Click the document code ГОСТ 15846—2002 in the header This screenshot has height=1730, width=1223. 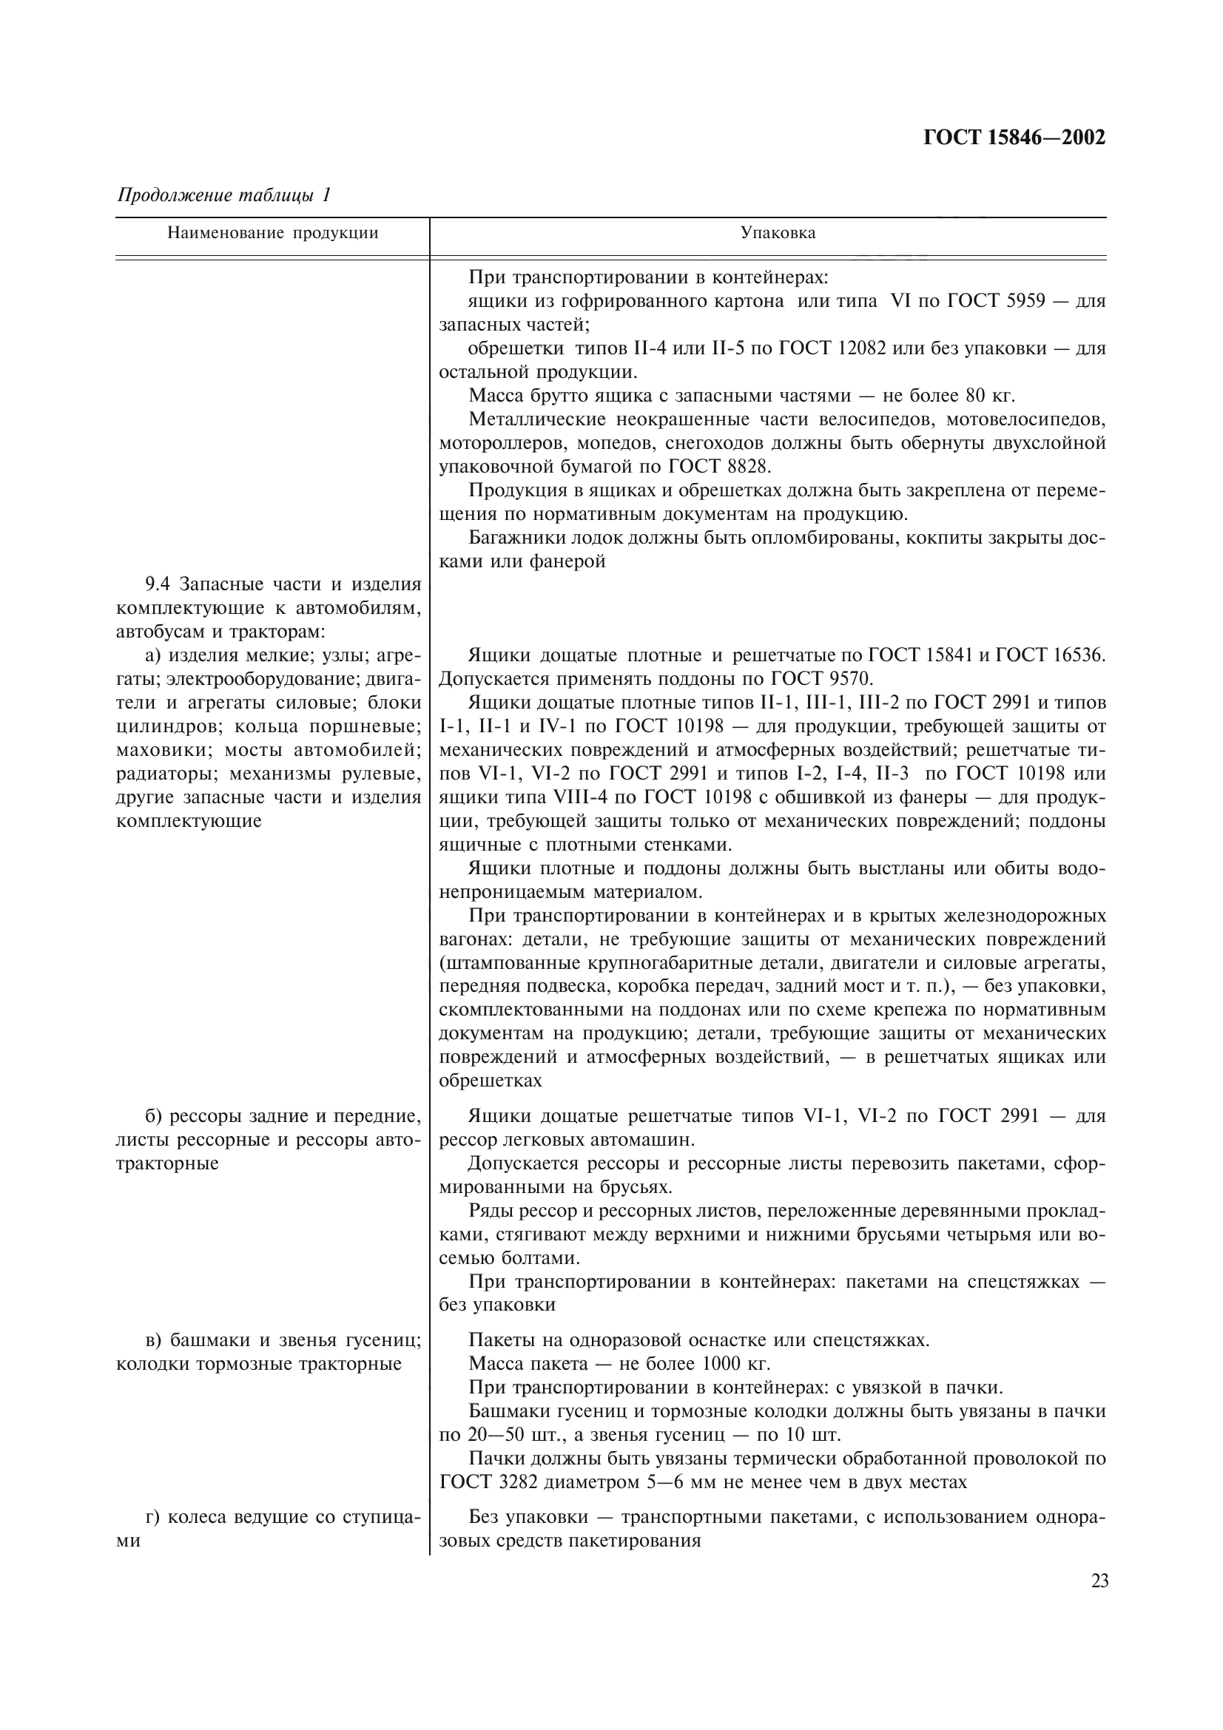click(1014, 138)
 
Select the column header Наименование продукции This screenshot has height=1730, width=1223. click(272, 233)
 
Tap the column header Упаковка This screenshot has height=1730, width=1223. click(778, 233)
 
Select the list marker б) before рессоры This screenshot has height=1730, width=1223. click(154, 1116)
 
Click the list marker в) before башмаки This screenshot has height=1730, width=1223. click(154, 1340)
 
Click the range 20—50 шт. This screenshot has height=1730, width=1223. click(511, 1434)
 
